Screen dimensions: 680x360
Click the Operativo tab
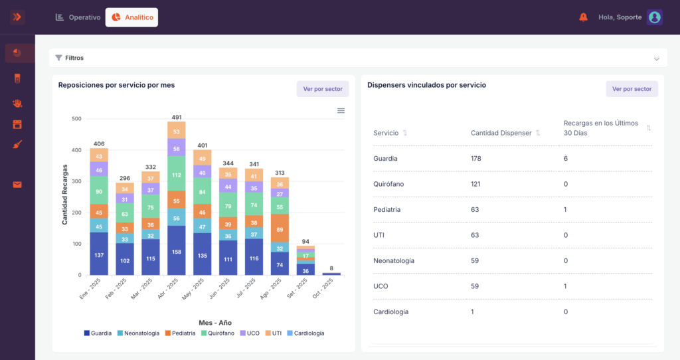click(x=78, y=17)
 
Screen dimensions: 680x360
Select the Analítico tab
click(x=132, y=17)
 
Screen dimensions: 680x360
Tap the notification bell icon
click(x=583, y=17)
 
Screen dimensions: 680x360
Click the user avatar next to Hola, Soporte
click(x=654, y=17)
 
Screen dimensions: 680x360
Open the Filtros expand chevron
click(x=657, y=58)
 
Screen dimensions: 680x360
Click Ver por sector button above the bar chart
click(x=323, y=89)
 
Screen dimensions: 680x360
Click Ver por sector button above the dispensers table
click(x=632, y=89)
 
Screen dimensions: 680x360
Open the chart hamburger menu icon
click(x=341, y=111)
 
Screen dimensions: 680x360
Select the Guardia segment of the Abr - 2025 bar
click(x=177, y=250)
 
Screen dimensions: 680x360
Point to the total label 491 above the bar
click(x=177, y=117)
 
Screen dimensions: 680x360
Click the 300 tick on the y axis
click(x=76, y=181)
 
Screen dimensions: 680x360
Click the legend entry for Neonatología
click(x=139, y=333)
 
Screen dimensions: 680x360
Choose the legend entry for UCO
click(x=250, y=333)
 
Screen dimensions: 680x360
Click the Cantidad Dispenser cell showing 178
click(x=475, y=158)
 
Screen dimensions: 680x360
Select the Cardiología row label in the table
click(x=390, y=312)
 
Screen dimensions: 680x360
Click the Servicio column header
click(x=386, y=133)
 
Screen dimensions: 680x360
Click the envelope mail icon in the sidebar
click(x=17, y=185)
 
